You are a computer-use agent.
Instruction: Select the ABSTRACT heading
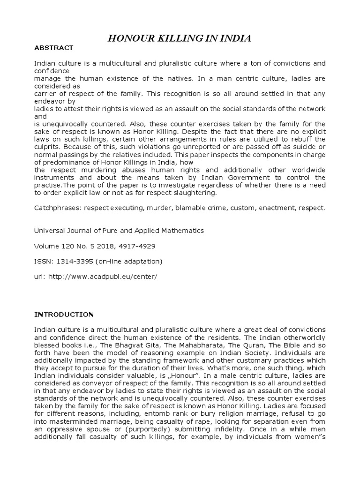pos(54,48)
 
